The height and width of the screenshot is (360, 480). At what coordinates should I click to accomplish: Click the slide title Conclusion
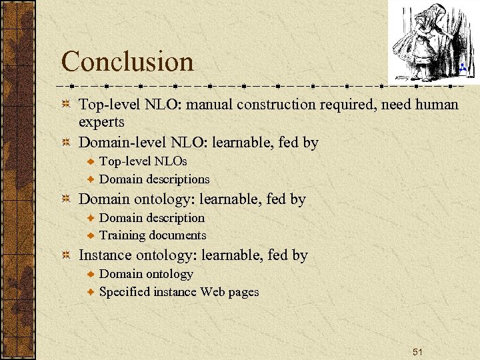[x=127, y=62]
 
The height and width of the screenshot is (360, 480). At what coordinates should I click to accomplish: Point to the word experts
[x=101, y=122]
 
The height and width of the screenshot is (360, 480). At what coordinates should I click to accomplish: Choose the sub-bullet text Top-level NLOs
[x=143, y=161]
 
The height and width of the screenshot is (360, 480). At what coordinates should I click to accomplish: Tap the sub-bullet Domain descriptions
[x=154, y=179]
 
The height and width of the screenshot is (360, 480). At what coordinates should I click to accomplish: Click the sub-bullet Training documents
[x=153, y=235]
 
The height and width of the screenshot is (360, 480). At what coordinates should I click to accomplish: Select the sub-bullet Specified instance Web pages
[x=179, y=291]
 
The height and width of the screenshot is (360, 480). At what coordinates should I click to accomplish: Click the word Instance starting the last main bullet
[x=105, y=255]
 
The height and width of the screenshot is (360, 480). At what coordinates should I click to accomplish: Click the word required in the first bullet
[x=343, y=105]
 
